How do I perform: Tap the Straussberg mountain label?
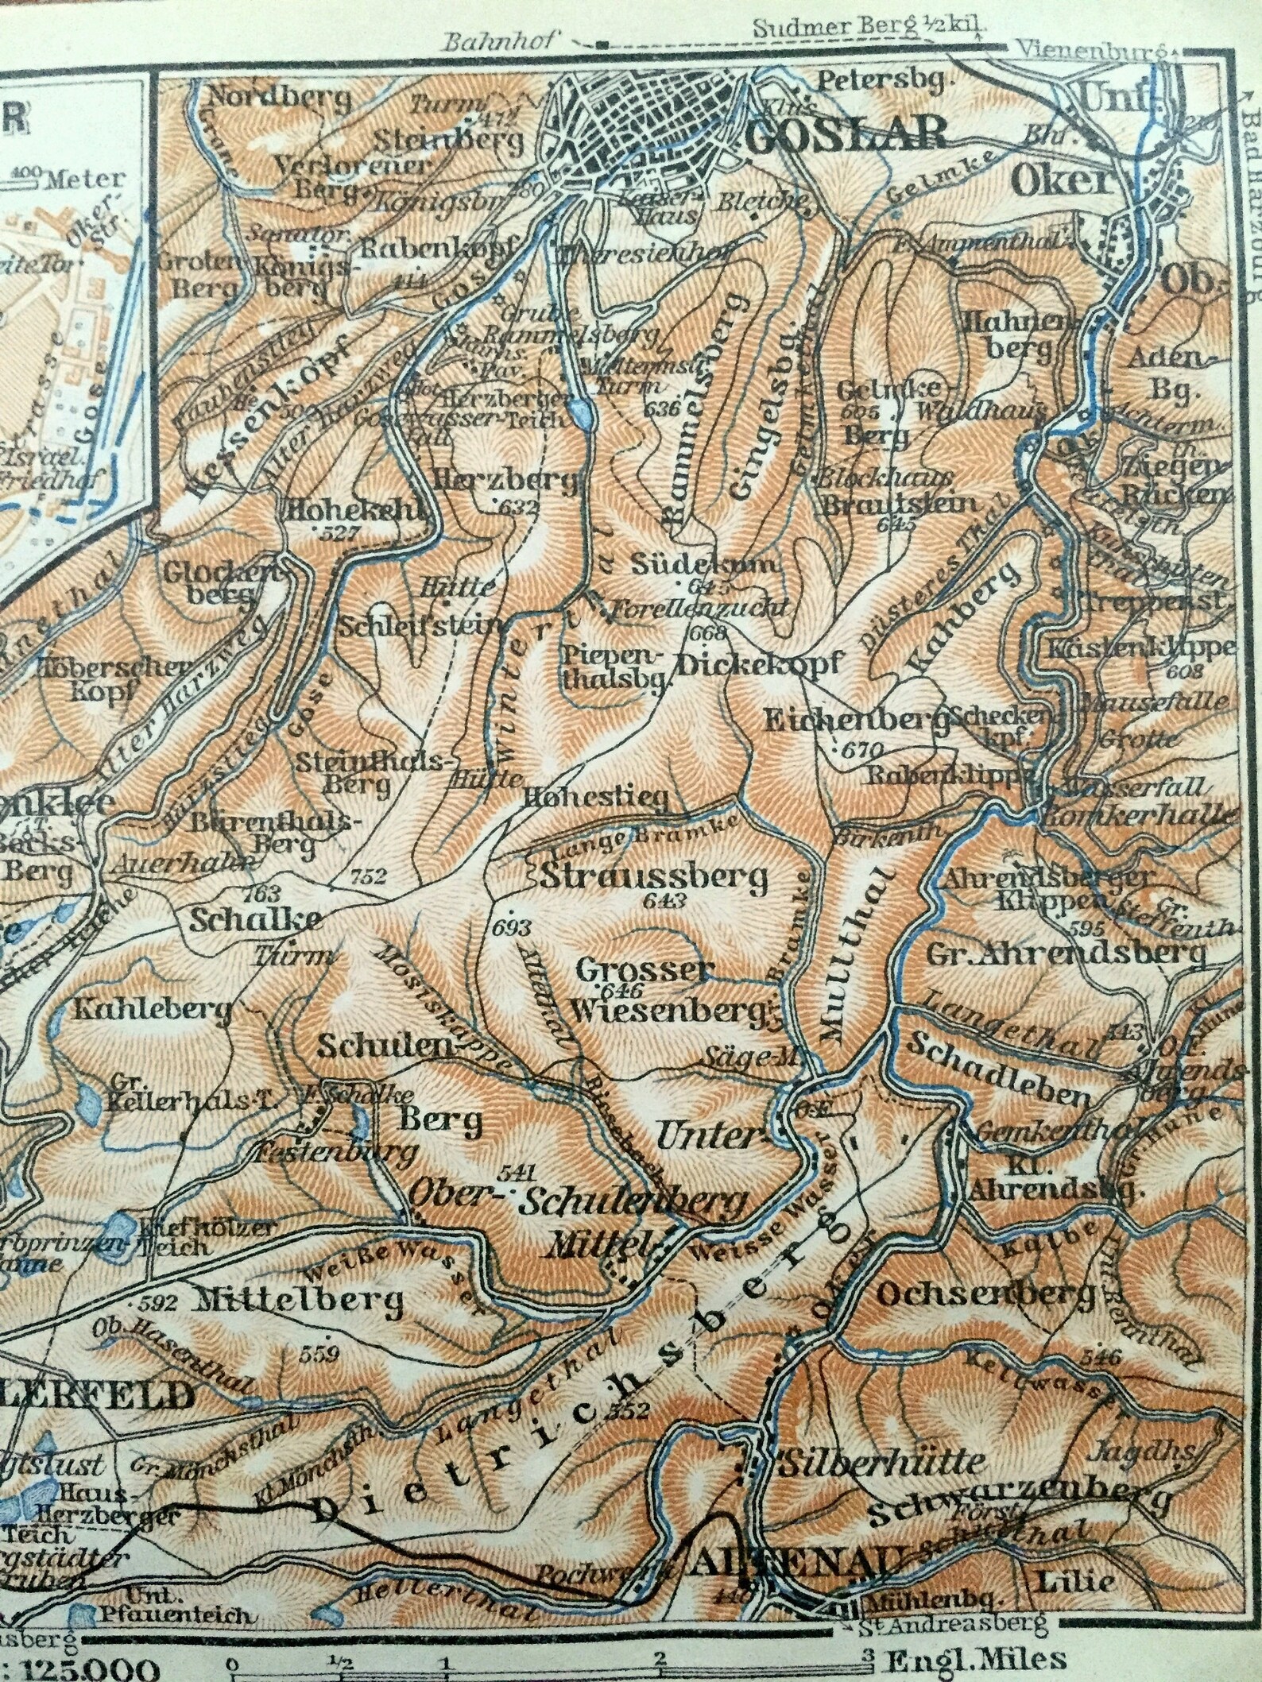[653, 877]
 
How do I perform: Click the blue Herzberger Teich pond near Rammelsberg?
[582, 414]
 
